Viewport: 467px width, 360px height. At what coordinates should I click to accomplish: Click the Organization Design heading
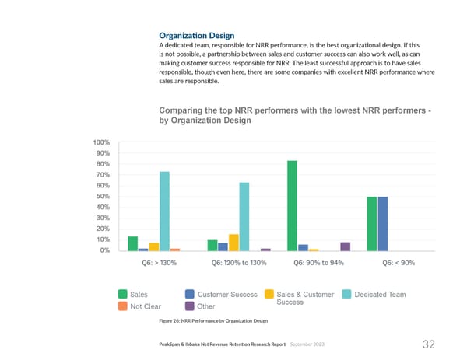196,35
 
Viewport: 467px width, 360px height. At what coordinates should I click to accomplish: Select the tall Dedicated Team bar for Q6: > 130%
165,211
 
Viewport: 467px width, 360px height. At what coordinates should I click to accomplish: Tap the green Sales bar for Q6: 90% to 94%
292,205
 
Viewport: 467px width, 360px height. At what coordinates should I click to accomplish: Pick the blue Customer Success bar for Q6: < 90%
383,224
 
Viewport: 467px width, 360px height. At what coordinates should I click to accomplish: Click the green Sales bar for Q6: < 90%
372,224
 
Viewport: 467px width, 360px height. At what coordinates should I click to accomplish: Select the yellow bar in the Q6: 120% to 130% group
233,243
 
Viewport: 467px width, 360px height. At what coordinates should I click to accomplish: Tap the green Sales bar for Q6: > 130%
133,243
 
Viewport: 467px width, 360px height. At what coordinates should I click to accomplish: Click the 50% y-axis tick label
102,197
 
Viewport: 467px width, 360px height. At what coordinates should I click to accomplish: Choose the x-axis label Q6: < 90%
399,263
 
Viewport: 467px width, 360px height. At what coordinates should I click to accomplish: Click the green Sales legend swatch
123,295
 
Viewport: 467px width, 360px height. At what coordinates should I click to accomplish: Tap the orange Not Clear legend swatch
123,306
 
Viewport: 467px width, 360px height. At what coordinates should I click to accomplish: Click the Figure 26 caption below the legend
212,321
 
